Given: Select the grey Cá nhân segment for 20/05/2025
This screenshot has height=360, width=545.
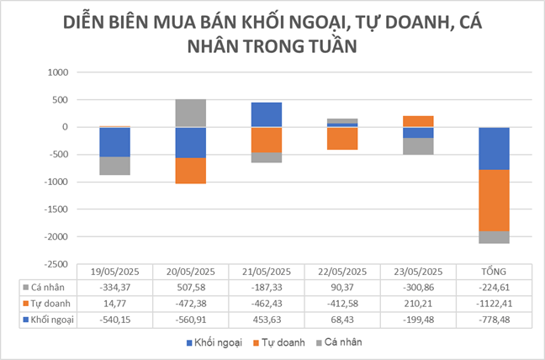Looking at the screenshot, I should pyautogui.click(x=191, y=113).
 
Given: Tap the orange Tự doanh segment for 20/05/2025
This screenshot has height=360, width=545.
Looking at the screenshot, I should pyautogui.click(x=191, y=170).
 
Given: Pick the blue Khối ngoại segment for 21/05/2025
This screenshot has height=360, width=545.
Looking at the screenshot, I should pyautogui.click(x=267, y=114).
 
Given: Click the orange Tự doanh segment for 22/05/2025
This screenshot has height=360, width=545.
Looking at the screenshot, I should pyautogui.click(x=343, y=138).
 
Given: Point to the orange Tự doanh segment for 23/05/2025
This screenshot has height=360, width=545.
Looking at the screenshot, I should pyautogui.click(x=419, y=121).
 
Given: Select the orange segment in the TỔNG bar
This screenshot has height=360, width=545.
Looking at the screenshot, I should pyautogui.click(x=495, y=200).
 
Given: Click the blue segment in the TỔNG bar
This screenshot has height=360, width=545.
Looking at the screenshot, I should pyautogui.click(x=495, y=148).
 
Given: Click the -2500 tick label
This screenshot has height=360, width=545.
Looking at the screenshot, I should pyautogui.click(x=56, y=264).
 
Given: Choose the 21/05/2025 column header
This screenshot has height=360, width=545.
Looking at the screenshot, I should pyautogui.click(x=267, y=272).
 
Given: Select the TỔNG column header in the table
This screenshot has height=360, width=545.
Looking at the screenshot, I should pyautogui.click(x=495, y=272).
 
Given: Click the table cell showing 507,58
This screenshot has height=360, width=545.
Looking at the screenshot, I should pyautogui.click(x=191, y=287).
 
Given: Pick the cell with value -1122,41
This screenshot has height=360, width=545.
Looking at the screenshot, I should pyautogui.click(x=495, y=303).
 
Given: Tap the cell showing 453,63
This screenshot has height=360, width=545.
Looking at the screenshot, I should pyautogui.click(x=267, y=319).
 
